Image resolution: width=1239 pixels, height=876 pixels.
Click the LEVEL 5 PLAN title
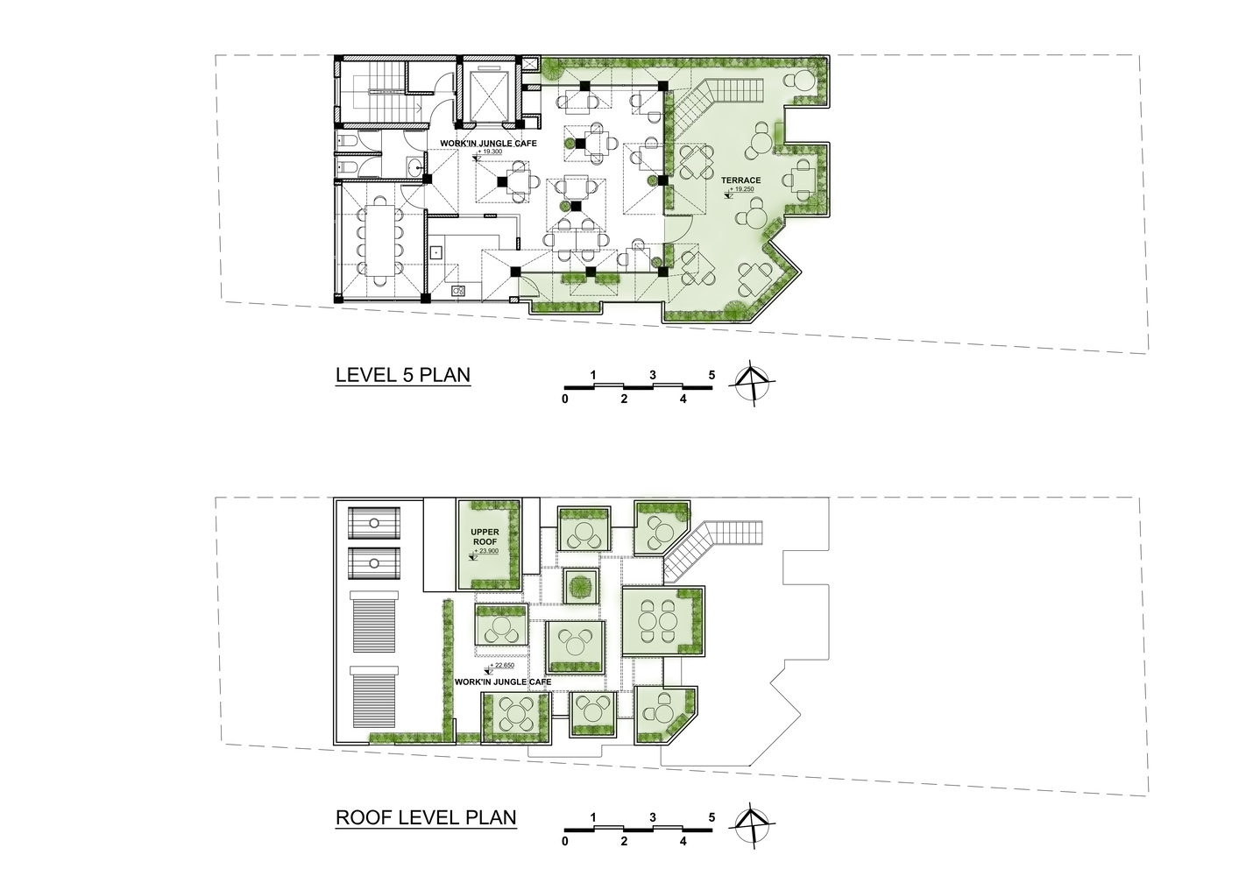pyautogui.click(x=403, y=375)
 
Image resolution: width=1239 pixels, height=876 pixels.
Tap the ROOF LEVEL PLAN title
pyautogui.click(x=426, y=817)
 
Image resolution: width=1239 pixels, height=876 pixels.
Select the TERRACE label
pyautogui.click(x=740, y=180)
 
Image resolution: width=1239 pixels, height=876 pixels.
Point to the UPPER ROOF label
pyautogui.click(x=485, y=537)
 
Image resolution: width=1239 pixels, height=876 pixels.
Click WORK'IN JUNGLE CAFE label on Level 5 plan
pyautogui.click(x=488, y=144)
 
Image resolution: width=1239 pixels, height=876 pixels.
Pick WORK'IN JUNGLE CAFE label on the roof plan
pyautogui.click(x=503, y=682)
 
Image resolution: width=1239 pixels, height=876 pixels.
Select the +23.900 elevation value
pyautogui.click(x=486, y=551)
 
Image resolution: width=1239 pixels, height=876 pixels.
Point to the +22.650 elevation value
pyautogui.click(x=502, y=665)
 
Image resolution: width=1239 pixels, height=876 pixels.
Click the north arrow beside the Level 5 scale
pyautogui.click(x=752, y=383)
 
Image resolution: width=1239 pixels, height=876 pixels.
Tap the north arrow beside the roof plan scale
pyautogui.click(x=752, y=825)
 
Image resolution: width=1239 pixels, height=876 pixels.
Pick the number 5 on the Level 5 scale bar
pyautogui.click(x=712, y=375)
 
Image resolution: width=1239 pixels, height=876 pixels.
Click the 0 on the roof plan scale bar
pyautogui.click(x=565, y=841)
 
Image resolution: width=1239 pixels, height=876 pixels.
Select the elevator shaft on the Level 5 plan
pyautogui.click(x=487, y=95)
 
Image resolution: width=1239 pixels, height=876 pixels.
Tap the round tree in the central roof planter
pyautogui.click(x=581, y=586)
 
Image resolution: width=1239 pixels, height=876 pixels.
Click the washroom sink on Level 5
pyautogui.click(x=414, y=165)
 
